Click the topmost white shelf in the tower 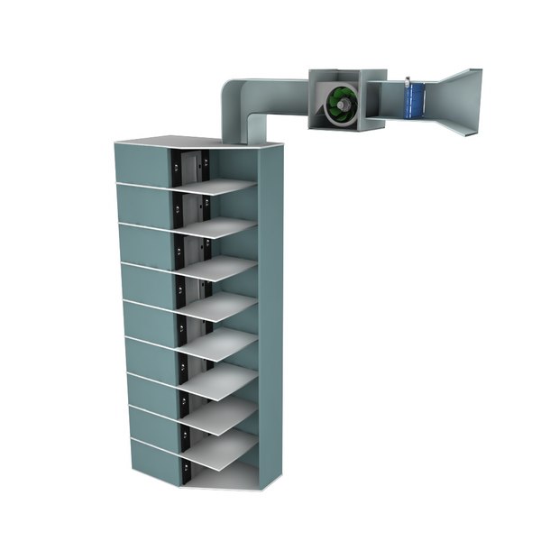tap(221, 188)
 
